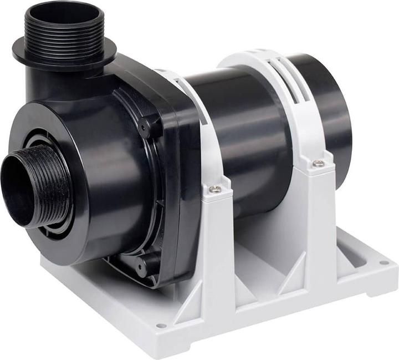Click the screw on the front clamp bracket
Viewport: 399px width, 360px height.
(215, 189)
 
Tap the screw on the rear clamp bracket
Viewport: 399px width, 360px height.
(318, 163)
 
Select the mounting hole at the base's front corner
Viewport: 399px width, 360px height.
(161, 325)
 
